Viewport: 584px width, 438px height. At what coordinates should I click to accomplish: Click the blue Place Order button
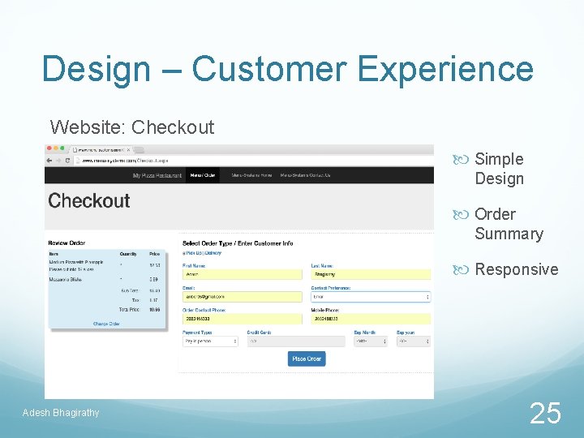tap(307, 359)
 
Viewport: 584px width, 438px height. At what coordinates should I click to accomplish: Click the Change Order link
tap(106, 324)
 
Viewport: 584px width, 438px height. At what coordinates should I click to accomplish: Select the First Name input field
tap(242, 275)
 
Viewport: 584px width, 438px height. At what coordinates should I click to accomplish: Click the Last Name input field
tap(371, 275)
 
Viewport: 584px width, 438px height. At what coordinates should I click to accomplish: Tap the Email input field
tap(242, 297)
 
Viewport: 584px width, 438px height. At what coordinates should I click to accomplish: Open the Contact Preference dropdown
tap(371, 297)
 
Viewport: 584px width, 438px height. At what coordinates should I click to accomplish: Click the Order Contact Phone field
tap(242, 319)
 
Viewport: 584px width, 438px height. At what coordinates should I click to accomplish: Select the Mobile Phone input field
tap(371, 319)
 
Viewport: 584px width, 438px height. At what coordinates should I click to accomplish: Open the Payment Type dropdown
tap(210, 341)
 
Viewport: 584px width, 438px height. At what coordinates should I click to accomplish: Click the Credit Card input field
tap(274, 341)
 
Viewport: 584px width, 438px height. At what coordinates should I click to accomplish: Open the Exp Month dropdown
tap(372, 341)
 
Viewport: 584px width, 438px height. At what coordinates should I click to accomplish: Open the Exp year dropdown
tap(413, 341)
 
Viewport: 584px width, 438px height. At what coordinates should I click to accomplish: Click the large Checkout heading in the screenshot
tap(89, 200)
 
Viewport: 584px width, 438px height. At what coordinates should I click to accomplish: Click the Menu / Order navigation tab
tap(203, 175)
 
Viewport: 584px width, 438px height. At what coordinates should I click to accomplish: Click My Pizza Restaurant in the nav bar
tap(157, 175)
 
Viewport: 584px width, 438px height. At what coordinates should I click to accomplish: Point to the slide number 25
tap(545, 414)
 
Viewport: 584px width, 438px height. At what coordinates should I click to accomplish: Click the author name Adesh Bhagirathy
tap(62, 413)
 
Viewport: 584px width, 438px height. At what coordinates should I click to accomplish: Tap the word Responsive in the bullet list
tap(516, 269)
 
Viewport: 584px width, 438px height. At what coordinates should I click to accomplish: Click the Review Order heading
tap(67, 243)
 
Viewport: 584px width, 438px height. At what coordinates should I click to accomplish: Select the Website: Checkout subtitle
tap(132, 127)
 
